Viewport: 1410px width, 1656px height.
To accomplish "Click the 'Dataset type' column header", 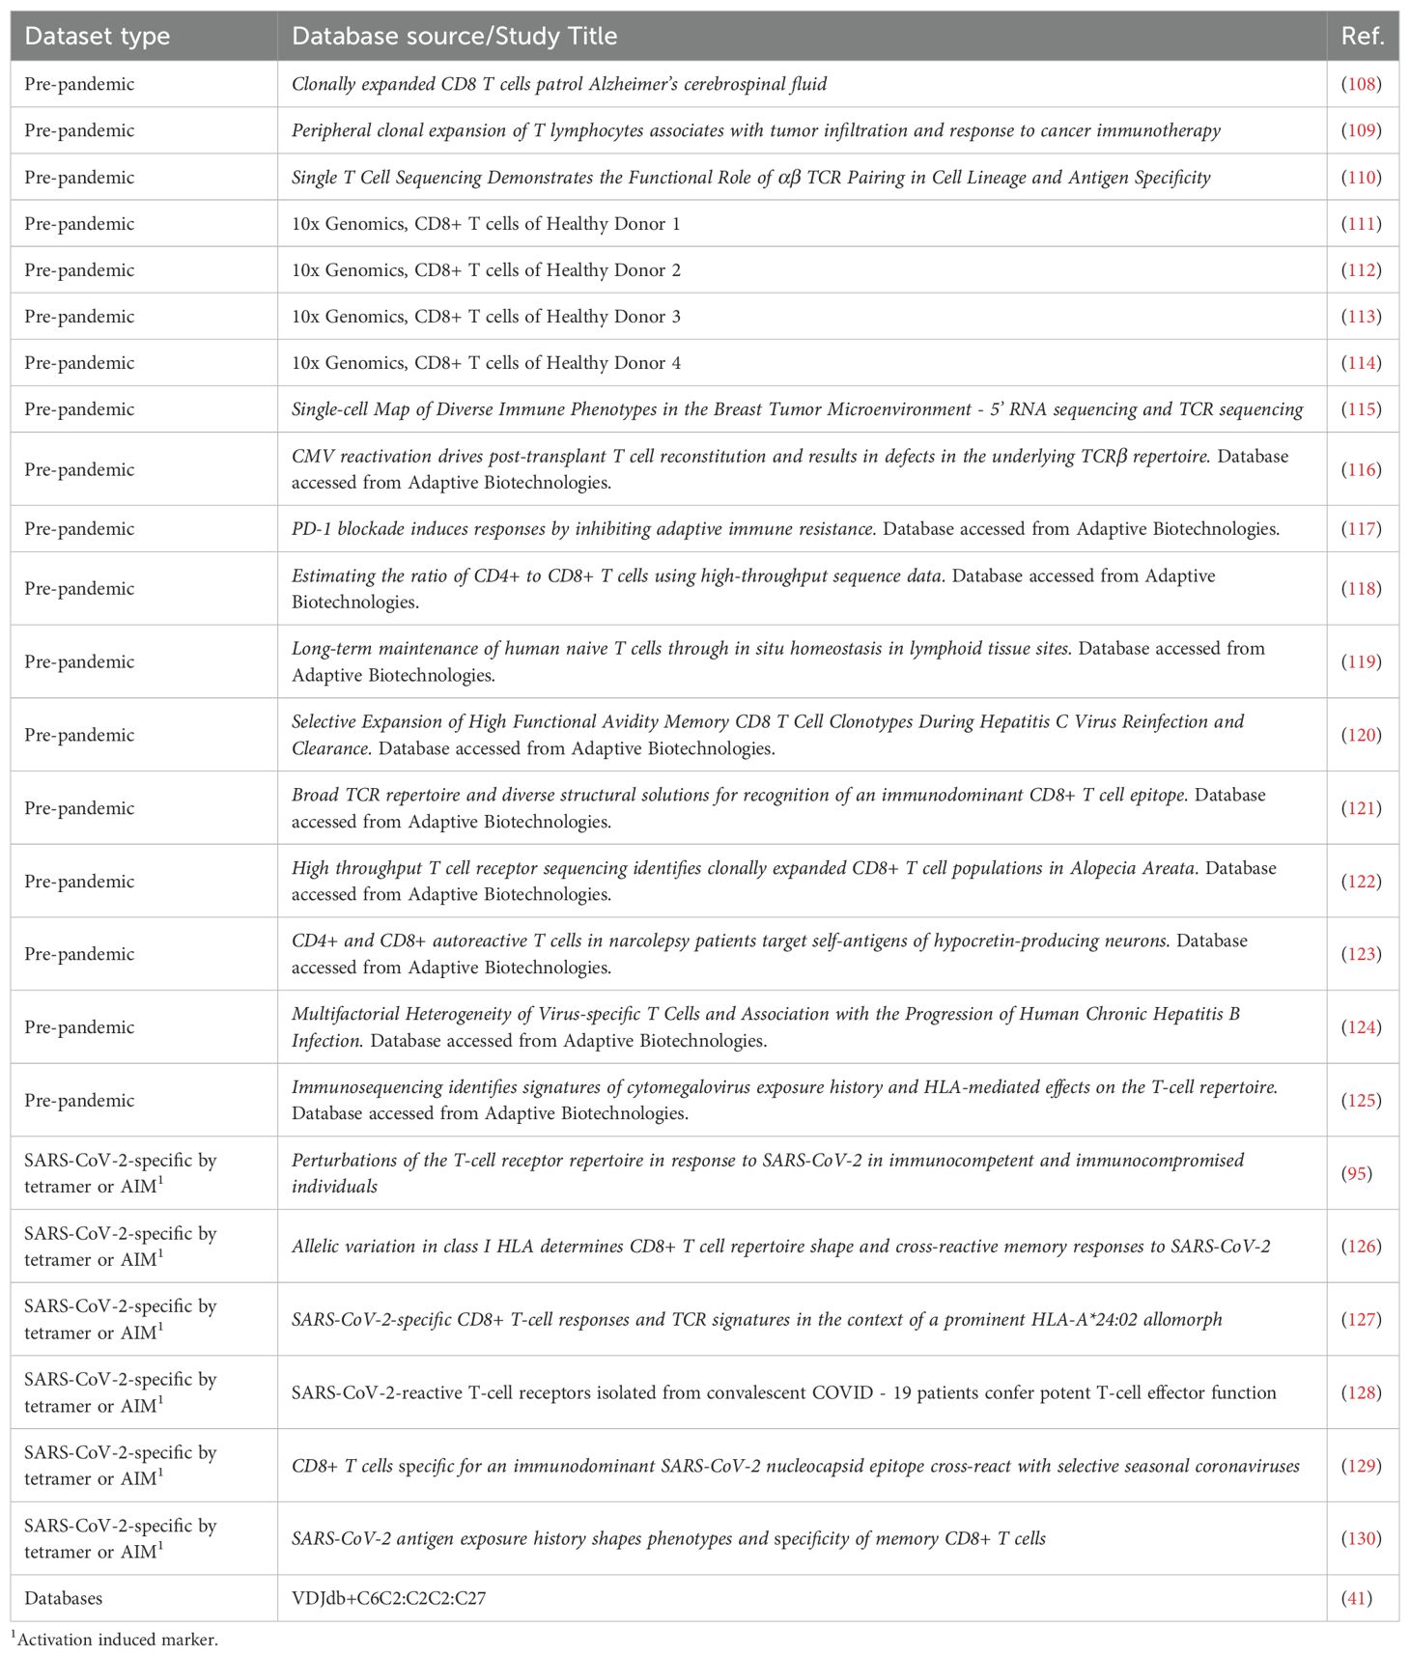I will tap(97, 37).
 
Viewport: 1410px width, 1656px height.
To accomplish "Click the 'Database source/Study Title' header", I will tap(454, 37).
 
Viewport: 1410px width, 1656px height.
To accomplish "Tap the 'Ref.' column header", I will tap(1363, 37).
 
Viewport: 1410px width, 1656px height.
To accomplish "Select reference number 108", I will tap(1362, 84).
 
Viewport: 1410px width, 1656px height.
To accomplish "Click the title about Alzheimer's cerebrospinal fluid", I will tap(559, 84).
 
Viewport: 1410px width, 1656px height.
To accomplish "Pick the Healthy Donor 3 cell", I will tap(486, 317).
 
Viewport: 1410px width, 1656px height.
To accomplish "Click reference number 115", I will tap(1362, 409).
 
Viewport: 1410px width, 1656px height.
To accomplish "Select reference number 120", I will tap(1362, 735).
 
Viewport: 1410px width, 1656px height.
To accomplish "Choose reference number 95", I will tap(1357, 1173).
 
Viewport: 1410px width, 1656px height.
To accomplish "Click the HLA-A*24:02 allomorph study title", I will tap(756, 1319).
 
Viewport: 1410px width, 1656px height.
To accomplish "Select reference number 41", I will tap(1357, 1598).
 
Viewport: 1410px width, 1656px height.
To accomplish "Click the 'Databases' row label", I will tap(64, 1598).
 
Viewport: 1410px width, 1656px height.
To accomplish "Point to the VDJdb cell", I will tap(388, 1598).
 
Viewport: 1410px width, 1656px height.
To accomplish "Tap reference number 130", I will tap(1362, 1538).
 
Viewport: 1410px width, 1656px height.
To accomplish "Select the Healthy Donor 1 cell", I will tap(486, 224).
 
